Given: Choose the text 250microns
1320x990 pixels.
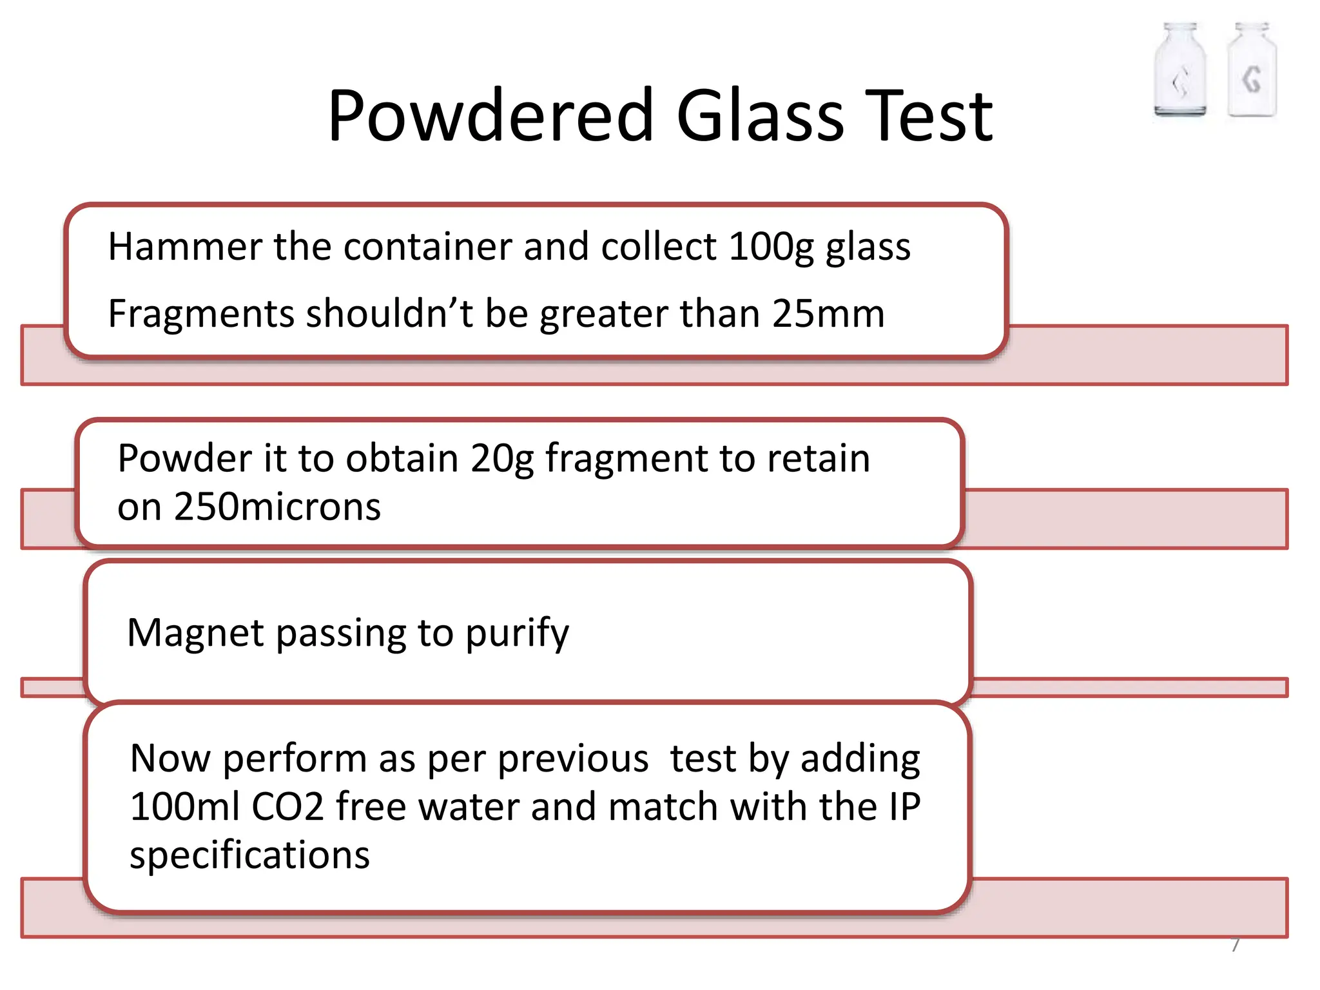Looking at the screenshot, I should tap(277, 507).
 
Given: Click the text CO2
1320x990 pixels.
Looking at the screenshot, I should tap(287, 807).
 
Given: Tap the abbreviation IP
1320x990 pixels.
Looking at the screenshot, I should tap(904, 807).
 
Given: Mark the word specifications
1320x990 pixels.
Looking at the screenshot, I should tap(249, 856).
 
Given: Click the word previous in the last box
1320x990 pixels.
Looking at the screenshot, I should tap(573, 759).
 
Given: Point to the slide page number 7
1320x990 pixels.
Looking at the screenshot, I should tap(1236, 944).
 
